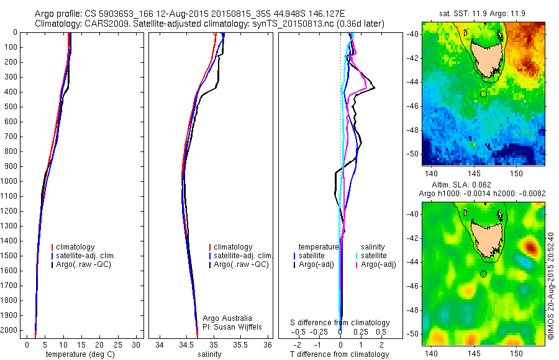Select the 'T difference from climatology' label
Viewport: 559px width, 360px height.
[x=339, y=354]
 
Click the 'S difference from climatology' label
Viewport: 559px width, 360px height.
[x=340, y=323]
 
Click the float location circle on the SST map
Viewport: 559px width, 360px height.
[x=483, y=94]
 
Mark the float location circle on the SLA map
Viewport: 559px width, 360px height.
[x=483, y=274]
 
